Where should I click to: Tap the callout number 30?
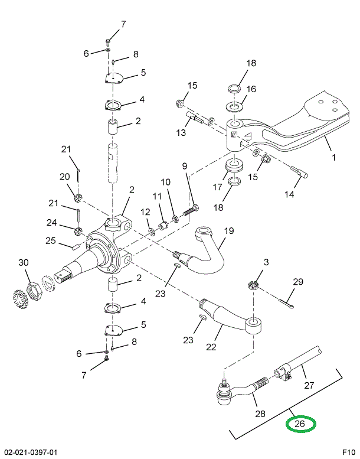point(23,262)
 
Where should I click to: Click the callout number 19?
point(228,231)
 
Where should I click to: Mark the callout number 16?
point(251,90)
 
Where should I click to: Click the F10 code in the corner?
point(348,453)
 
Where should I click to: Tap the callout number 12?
point(145,211)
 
